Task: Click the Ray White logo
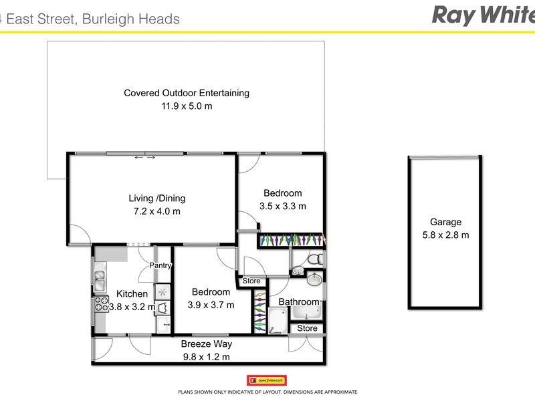click(x=482, y=15)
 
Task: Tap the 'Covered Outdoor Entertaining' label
click(x=187, y=93)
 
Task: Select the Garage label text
click(x=445, y=223)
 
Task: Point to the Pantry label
click(x=160, y=265)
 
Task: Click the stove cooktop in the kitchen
click(x=100, y=305)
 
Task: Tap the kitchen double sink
click(x=100, y=279)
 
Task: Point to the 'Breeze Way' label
click(x=207, y=344)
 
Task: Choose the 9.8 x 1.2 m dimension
click(x=206, y=357)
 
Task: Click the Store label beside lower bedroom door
click(x=251, y=281)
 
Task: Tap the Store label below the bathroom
click(x=307, y=328)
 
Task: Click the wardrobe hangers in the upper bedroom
click(x=291, y=239)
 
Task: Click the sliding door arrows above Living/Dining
click(x=145, y=158)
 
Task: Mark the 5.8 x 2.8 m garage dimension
click(x=445, y=235)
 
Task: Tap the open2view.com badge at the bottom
click(x=267, y=380)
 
